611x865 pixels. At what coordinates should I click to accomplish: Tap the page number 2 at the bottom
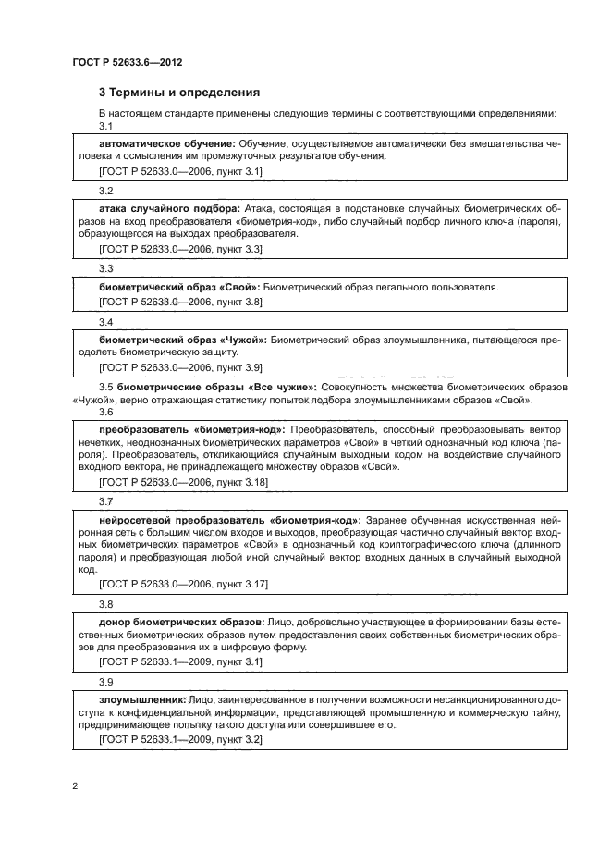tap(73, 785)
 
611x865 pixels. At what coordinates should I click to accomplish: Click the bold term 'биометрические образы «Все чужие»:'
tap(218, 385)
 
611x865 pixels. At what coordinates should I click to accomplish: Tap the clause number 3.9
tap(105, 683)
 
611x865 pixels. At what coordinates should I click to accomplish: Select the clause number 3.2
tap(105, 191)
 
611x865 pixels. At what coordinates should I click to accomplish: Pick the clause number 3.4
tap(105, 322)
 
